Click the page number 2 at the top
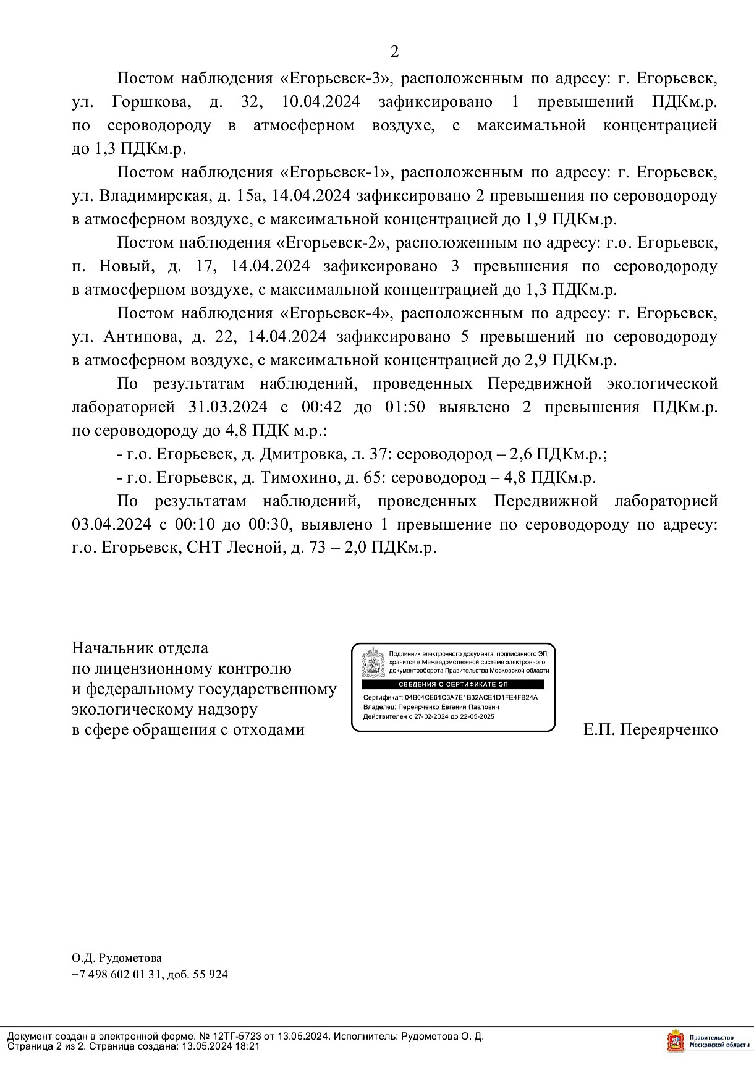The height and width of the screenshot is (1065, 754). pyautogui.click(x=395, y=51)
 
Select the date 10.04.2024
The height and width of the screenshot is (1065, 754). pyautogui.click(x=320, y=102)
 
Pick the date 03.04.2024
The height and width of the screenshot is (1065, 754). pyautogui.click(x=111, y=525)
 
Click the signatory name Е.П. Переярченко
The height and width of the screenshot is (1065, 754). pyautogui.click(x=651, y=730)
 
